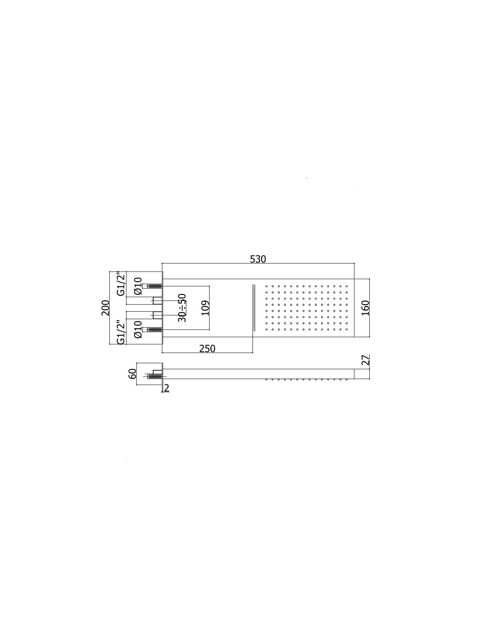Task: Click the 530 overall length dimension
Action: pos(258,259)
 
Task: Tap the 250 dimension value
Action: pos(207,349)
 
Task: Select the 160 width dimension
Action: pos(365,308)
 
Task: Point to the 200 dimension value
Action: pos(105,308)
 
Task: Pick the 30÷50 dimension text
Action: pos(182,308)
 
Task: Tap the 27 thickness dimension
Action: pos(365,360)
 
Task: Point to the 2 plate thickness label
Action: pos(166,387)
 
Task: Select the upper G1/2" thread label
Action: pos(121,284)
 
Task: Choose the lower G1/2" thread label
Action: pos(121,332)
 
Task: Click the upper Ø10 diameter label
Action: pos(138,286)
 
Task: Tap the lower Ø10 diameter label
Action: pos(138,329)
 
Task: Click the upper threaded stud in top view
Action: pos(154,286)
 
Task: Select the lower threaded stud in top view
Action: pos(154,330)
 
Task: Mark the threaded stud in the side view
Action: pos(154,376)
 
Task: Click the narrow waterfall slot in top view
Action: pos(254,308)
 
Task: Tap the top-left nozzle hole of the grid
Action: pos(267,286)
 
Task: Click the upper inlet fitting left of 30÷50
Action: pos(157,300)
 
